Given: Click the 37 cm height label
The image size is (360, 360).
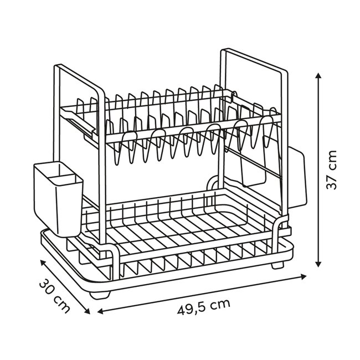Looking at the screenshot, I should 331,169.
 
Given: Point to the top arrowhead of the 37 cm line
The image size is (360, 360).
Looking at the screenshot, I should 319,75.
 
